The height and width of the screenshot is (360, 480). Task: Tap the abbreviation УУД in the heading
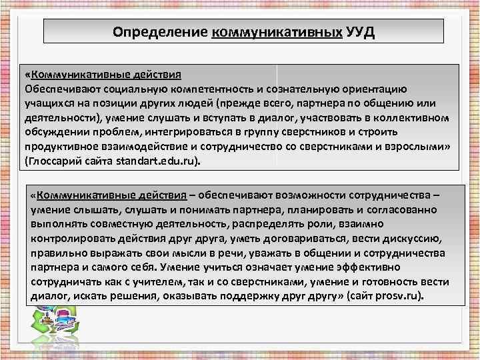point(361,32)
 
